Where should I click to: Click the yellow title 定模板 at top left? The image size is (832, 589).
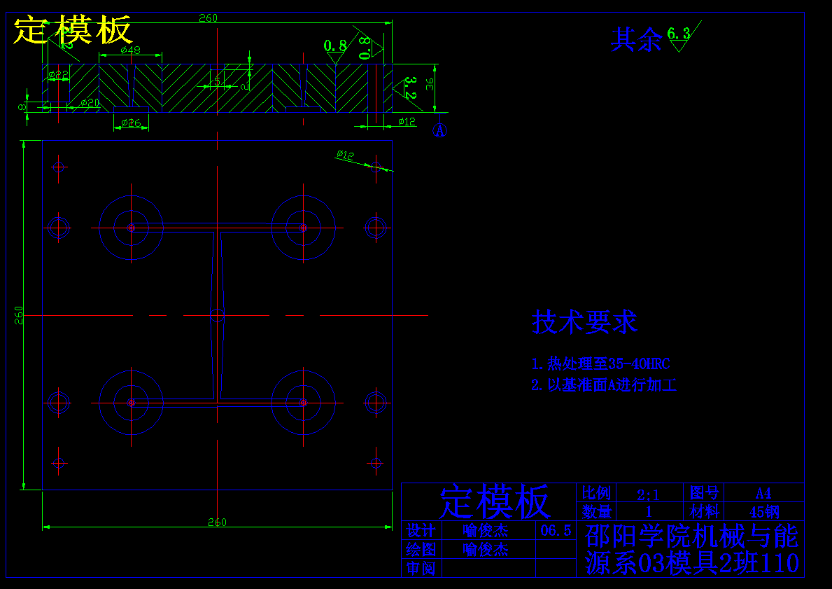73,30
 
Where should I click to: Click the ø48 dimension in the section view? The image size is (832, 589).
131,50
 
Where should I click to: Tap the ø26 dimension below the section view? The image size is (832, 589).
131,123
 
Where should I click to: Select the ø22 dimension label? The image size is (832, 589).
59,74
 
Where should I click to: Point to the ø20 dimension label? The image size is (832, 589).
90,103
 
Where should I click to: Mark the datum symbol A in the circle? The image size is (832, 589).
440,130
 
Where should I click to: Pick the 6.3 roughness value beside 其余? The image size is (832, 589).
678,33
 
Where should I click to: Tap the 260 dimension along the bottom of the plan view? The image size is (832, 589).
217,522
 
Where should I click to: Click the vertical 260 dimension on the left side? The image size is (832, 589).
20,314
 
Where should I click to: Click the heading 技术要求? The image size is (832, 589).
584,322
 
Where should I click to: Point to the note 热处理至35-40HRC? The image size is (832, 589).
600,364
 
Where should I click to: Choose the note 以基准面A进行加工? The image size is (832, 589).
604,385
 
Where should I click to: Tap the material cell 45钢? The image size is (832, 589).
764,512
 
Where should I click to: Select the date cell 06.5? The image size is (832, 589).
556,531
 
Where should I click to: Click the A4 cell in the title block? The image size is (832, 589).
763,493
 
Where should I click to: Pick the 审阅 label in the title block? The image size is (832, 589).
421,568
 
